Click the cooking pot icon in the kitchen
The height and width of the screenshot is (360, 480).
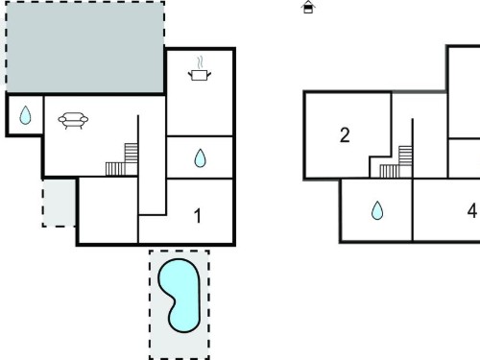(200, 76)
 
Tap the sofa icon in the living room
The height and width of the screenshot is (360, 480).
(73, 120)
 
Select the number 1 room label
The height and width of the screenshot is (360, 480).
(198, 216)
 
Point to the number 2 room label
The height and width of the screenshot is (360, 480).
(345, 135)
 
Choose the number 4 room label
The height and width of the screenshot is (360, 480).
(472, 211)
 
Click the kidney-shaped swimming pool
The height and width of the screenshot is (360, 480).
(180, 296)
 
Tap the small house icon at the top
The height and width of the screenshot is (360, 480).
(308, 7)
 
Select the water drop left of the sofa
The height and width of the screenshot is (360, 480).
(25, 115)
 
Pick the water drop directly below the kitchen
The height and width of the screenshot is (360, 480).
(201, 158)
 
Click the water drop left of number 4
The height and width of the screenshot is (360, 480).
(377, 210)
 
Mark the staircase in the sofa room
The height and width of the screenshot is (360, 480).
(122, 159)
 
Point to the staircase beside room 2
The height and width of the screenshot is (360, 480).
(396, 161)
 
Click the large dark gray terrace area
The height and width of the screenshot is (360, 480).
(84, 47)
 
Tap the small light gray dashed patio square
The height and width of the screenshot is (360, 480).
(60, 203)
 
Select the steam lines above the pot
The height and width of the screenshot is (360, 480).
(201, 63)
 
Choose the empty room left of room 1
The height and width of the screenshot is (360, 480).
(108, 210)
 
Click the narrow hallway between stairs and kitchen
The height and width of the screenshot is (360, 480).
(152, 163)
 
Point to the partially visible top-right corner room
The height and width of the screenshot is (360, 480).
(464, 93)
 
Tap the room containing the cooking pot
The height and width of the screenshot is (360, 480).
(200, 93)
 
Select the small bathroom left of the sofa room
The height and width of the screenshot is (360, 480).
(25, 114)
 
